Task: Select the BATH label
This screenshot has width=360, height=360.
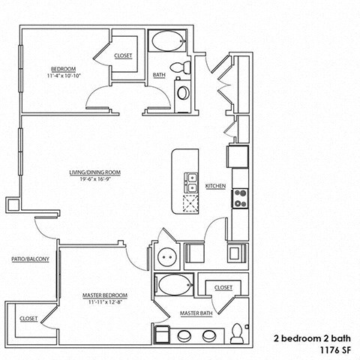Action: [159, 75]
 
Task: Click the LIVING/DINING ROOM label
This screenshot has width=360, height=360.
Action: [95, 172]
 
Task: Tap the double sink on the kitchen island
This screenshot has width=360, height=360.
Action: [191, 181]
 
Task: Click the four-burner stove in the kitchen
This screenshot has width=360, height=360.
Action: [241, 198]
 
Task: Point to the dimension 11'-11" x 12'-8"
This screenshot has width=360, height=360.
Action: [104, 304]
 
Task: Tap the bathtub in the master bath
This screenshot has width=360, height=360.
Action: [172, 286]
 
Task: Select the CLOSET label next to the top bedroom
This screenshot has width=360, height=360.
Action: [124, 56]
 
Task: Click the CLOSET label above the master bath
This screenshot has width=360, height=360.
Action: [223, 287]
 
